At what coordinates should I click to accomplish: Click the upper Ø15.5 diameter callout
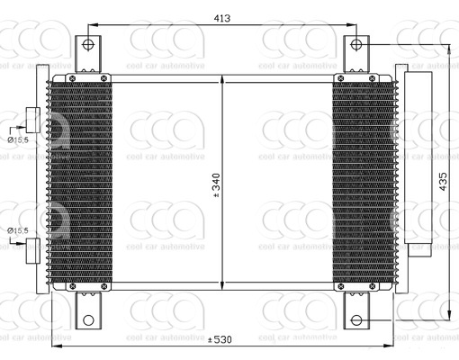(x=19, y=139)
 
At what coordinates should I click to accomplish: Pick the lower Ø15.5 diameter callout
(x=19, y=230)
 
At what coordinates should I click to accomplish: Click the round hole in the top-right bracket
(x=356, y=43)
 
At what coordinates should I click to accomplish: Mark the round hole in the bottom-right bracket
(x=356, y=320)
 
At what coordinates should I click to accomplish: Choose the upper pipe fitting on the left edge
(x=31, y=120)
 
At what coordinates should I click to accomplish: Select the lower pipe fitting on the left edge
(x=31, y=247)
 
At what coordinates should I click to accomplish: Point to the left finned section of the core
(x=79, y=184)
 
